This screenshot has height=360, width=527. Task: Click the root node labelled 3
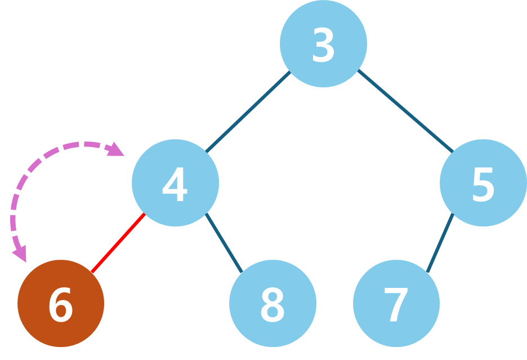click(323, 43)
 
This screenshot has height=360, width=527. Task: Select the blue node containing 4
click(175, 183)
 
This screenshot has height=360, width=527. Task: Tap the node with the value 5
click(483, 183)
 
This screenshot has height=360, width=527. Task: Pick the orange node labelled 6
click(61, 303)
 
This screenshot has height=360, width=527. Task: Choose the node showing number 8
click(273, 303)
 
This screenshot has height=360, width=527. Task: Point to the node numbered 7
click(396, 303)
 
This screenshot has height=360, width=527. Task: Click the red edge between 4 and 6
click(118, 243)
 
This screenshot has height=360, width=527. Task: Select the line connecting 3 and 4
click(248, 112)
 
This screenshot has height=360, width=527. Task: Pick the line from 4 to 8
click(224, 243)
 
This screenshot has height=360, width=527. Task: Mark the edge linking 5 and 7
click(440, 243)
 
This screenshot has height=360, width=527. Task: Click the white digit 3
click(323, 45)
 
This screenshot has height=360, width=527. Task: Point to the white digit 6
click(60, 305)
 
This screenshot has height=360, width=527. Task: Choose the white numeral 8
click(273, 305)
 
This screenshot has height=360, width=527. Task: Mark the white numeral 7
click(396, 305)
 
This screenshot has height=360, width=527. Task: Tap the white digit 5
click(483, 184)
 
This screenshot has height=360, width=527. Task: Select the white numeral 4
click(175, 184)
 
